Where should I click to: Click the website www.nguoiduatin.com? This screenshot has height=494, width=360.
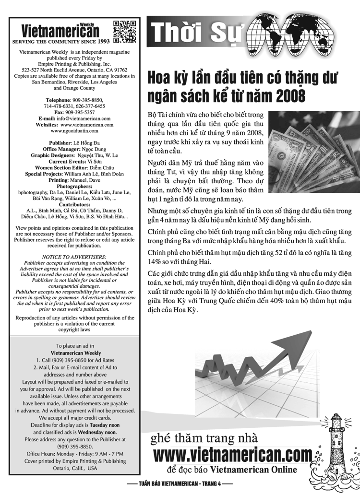coord(74,130)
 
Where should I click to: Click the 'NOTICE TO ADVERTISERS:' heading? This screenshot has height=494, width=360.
coord(74,257)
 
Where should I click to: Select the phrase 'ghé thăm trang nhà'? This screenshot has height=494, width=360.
coord(204,438)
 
